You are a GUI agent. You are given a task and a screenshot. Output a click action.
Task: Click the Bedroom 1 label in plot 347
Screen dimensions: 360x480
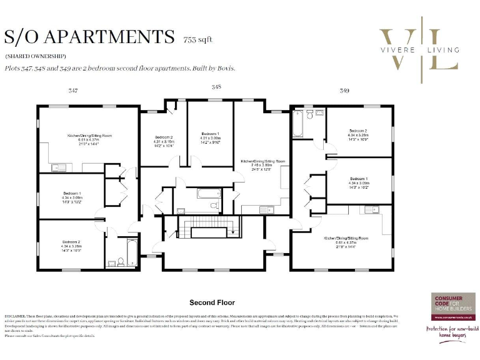tap(71, 194)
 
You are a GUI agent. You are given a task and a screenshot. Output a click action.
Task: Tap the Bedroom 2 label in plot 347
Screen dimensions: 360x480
tap(71, 242)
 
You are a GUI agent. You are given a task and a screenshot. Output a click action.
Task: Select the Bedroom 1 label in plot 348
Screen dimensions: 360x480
tap(210, 134)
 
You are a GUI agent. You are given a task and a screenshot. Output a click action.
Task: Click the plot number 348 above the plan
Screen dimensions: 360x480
tap(216, 87)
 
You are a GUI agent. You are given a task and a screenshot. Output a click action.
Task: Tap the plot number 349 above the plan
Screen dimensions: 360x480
tap(344, 91)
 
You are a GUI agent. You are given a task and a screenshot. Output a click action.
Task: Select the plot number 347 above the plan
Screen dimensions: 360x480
tap(73, 91)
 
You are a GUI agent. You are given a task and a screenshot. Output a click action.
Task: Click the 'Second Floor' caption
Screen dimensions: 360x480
tap(212, 302)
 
